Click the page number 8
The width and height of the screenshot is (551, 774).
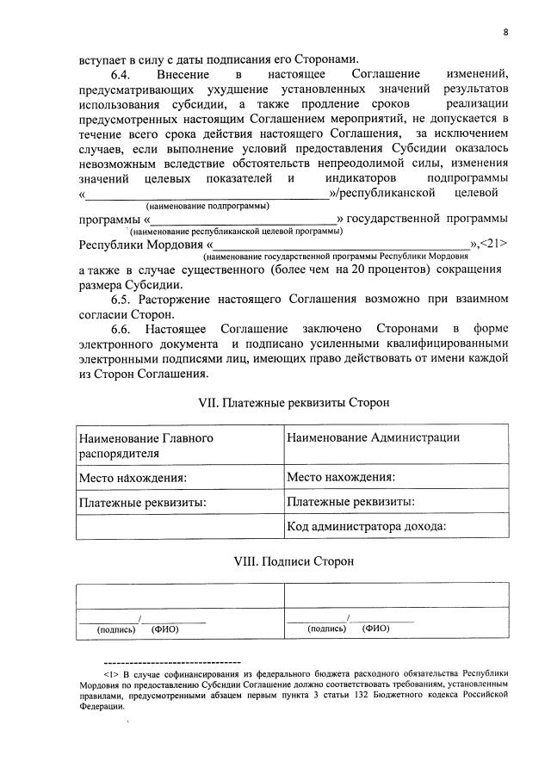(506, 33)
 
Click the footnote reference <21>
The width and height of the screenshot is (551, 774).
(494, 244)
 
